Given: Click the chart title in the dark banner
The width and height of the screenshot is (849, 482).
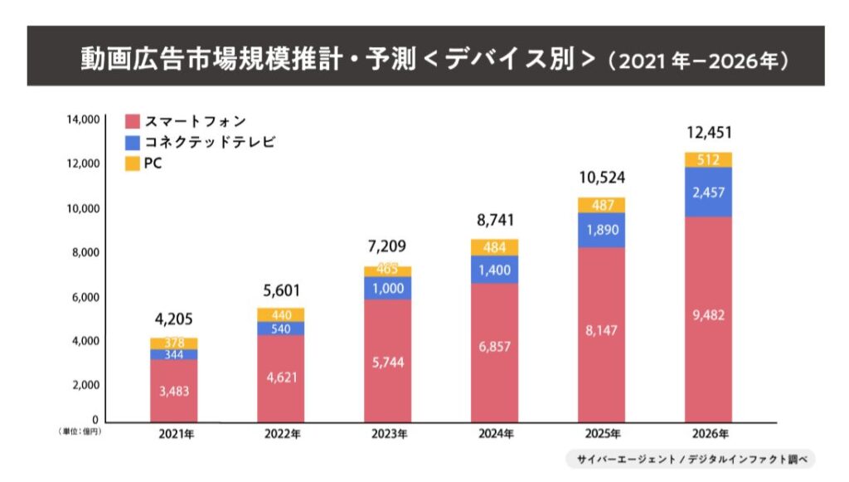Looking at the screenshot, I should click(424, 57).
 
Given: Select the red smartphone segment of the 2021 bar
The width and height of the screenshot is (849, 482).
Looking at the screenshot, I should click(173, 390).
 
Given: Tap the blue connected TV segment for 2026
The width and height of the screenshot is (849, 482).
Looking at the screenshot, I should click(708, 192).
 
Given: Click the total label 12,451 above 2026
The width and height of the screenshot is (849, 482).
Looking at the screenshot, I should click(708, 133).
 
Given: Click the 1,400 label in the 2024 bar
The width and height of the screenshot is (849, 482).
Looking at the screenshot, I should click(494, 269).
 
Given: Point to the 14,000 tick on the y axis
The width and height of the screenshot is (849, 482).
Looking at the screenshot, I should click(83, 119).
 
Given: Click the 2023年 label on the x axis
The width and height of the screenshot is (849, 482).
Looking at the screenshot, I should click(387, 434).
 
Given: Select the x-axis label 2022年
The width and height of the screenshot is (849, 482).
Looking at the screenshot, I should click(280, 434).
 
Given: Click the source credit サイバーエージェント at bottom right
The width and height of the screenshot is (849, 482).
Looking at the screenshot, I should click(691, 459).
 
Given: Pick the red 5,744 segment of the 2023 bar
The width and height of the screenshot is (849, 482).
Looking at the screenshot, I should click(387, 361).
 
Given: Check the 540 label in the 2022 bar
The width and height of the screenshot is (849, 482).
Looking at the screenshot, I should click(280, 329).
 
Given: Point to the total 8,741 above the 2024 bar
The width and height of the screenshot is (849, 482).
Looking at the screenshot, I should click(494, 220).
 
